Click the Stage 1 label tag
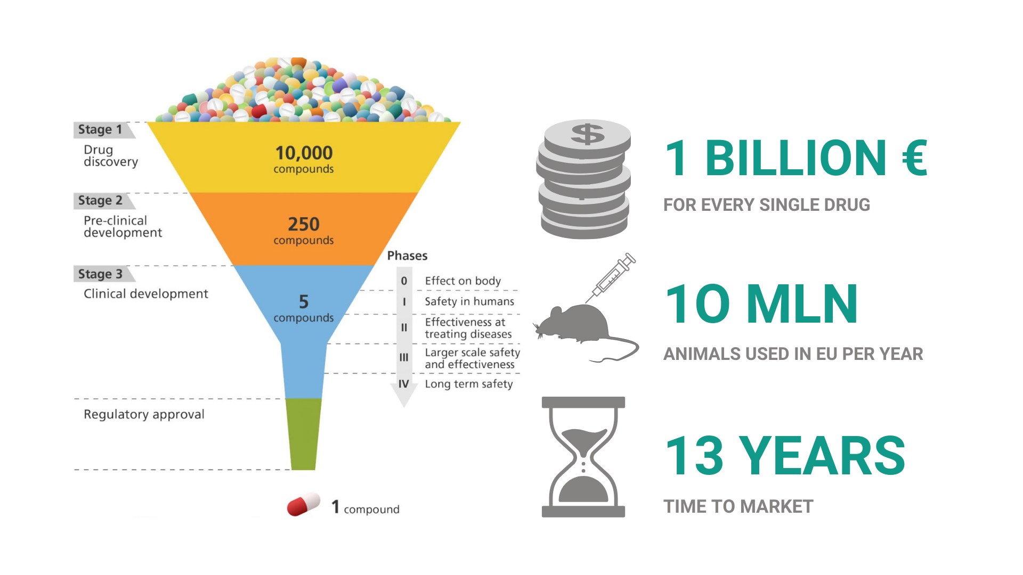(103, 130)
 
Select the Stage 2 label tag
(103, 201)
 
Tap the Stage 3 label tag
(103, 274)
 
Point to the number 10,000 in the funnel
(304, 153)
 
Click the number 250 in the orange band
(304, 224)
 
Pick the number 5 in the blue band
(304, 302)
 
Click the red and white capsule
(304, 504)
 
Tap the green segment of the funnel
(304, 434)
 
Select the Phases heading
(407, 256)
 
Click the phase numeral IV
(404, 384)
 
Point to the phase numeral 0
(404, 281)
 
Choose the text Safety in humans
(469, 301)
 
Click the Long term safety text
(469, 384)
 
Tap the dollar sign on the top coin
(588, 134)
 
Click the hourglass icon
(583, 457)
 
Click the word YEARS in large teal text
(823, 456)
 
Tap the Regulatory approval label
(144, 415)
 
